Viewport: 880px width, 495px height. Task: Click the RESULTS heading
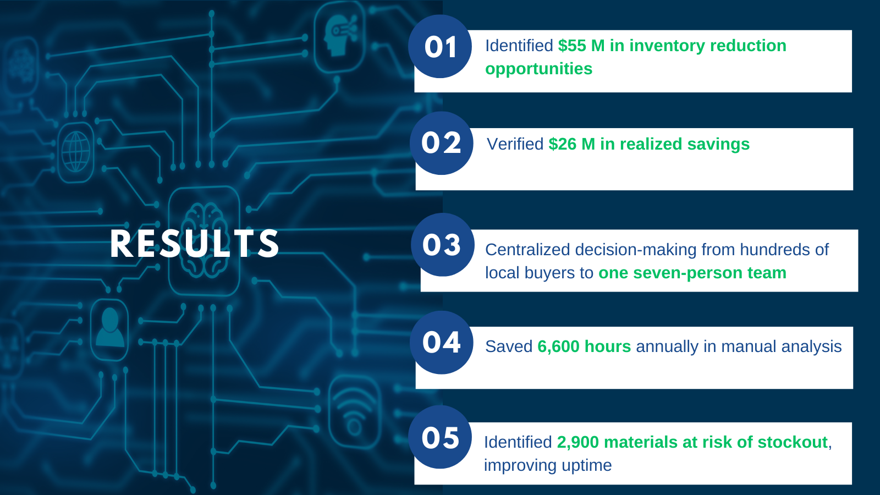click(195, 244)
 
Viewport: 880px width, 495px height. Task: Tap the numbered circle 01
click(440, 46)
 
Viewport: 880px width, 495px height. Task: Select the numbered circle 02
click(442, 143)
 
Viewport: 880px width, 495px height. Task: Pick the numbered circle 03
click(443, 245)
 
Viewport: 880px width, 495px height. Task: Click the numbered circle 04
click(442, 342)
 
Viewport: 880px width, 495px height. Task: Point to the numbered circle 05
click(440, 437)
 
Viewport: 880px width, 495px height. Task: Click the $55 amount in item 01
click(573, 46)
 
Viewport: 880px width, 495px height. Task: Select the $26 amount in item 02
click(563, 144)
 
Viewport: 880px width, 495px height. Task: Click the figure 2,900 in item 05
click(578, 442)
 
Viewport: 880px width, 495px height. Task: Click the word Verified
click(515, 144)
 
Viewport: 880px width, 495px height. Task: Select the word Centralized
click(527, 250)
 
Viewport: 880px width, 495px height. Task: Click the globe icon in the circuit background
click(76, 152)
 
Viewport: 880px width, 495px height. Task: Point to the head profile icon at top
click(340, 36)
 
